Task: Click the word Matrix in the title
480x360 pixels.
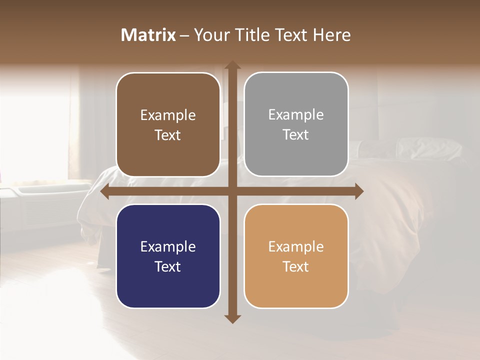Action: [x=148, y=35]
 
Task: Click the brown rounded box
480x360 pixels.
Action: [x=168, y=124]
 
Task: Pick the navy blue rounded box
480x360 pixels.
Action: [x=168, y=256]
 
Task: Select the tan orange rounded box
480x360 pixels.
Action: [x=296, y=256]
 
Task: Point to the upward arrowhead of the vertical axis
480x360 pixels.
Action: [x=232, y=65]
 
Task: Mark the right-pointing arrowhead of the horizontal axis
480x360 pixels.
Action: [x=358, y=191]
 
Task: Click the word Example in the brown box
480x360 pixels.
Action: [x=168, y=115]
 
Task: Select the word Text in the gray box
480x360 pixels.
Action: [x=296, y=135]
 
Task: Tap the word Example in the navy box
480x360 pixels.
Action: [x=168, y=247]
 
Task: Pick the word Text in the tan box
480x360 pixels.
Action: [x=296, y=267]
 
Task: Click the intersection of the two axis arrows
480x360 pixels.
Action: [x=232, y=191]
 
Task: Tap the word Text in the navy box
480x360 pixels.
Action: [x=168, y=267]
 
